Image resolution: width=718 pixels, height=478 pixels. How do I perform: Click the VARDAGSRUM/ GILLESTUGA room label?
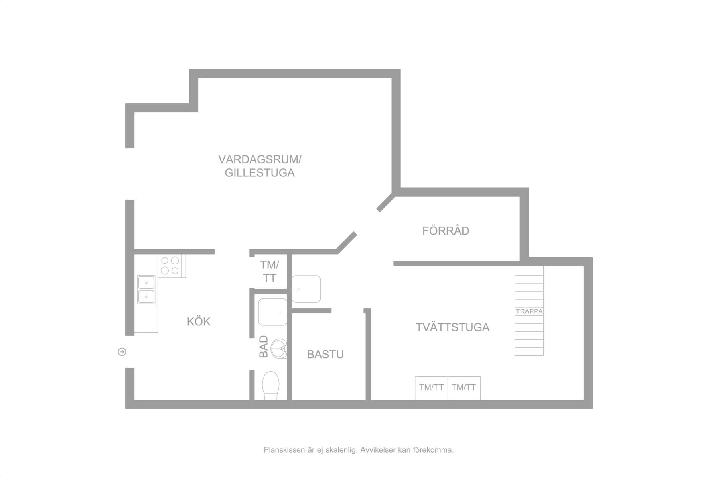260,166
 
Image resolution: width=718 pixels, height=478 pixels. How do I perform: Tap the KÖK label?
199,321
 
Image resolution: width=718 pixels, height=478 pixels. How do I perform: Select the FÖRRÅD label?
446,231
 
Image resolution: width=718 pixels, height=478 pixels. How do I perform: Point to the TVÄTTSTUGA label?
453,327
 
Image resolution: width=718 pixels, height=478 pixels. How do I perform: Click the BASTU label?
325,354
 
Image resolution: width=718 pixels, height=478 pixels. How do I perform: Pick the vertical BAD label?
264,347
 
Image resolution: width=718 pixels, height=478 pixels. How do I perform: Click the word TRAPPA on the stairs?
529,311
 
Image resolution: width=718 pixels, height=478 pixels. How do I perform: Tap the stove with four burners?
172,266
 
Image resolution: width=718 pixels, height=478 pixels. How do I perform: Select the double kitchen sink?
146,290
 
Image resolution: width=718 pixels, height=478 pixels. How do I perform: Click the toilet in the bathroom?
271,386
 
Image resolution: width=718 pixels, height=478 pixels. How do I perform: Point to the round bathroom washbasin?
279,349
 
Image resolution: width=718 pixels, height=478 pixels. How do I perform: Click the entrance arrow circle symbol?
122,352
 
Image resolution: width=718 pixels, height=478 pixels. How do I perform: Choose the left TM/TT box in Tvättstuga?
431,388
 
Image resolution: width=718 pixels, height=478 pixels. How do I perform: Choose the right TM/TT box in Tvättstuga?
464,388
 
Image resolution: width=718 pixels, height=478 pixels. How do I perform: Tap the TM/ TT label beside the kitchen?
270,271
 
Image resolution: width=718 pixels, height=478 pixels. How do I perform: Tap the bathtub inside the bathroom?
273,312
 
